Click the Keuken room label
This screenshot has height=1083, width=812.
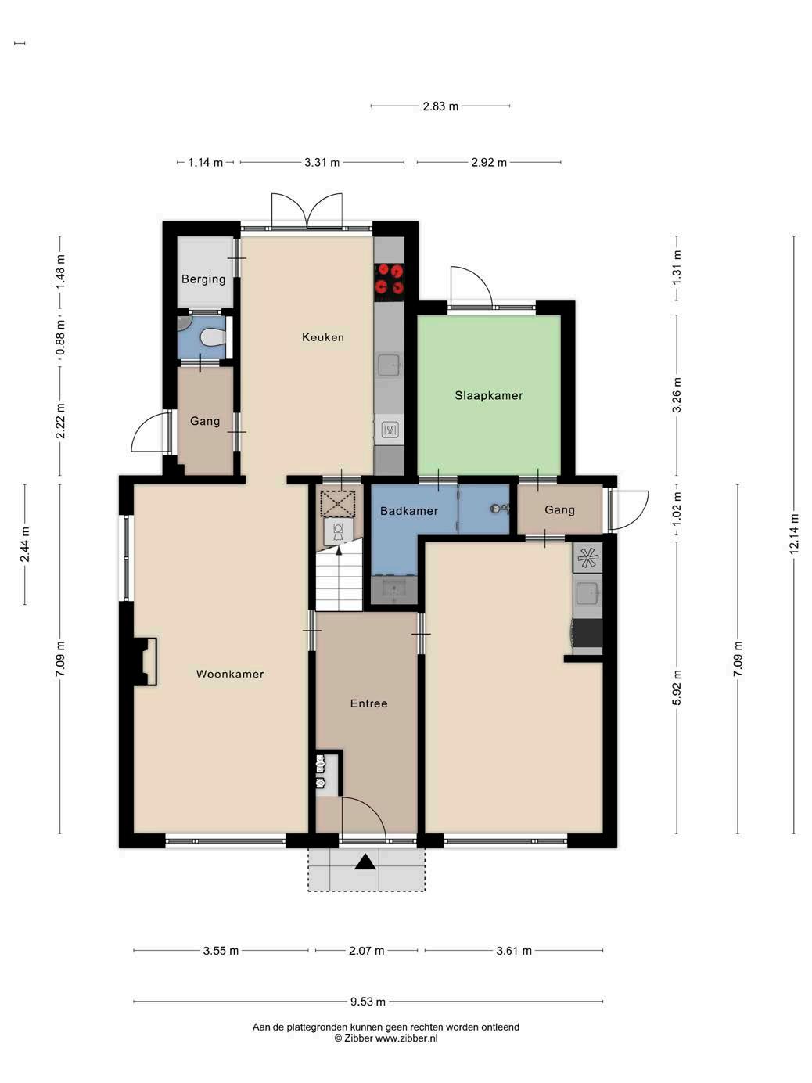point(323,337)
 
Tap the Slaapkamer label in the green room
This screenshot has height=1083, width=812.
point(489,396)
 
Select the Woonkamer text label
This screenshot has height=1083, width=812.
point(230,674)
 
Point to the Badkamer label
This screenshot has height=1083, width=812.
point(408,511)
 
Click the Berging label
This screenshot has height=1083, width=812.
point(203,279)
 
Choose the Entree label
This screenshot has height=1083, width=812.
point(368,703)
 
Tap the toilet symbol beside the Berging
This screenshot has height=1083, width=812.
point(213,337)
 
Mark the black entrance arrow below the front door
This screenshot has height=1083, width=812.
point(365,862)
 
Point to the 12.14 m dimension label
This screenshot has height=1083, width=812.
point(793,534)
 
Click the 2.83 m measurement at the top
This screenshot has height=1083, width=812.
point(440,106)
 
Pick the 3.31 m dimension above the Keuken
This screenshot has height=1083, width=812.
point(322,162)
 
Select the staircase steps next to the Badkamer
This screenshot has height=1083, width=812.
point(340,576)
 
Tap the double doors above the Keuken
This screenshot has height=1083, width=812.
point(307,210)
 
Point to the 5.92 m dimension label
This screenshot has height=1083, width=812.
point(677,687)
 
